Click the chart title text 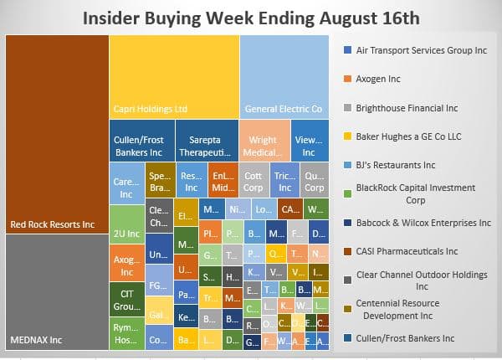point(250,17)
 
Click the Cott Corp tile point(252,183)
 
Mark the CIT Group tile point(127,300)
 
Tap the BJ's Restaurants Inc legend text point(396,165)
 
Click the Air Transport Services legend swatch point(347,50)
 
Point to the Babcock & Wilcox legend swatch point(347,223)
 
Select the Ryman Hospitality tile point(127,334)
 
